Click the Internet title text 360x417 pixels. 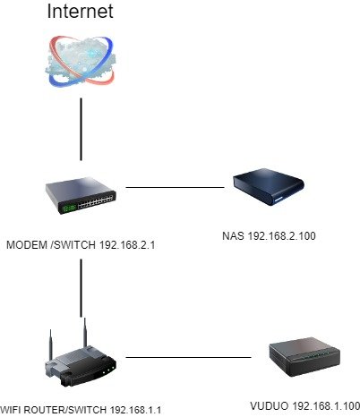pyautogui.click(x=80, y=12)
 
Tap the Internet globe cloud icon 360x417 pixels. pyautogui.click(x=81, y=62)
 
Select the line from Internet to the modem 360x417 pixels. pyautogui.click(x=81, y=129)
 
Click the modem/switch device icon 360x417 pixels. pyautogui.click(x=81, y=195)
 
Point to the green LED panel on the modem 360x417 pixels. pyautogui.click(x=68, y=208)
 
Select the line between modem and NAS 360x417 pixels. pyautogui.click(x=175, y=187)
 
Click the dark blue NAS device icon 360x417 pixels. pyautogui.click(x=269, y=187)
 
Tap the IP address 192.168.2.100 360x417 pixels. pyautogui.click(x=282, y=236)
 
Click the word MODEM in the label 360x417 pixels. pyautogui.click(x=27, y=245)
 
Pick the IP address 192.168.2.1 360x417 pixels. pyautogui.click(x=127, y=245)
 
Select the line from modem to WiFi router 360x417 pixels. pyautogui.click(x=81, y=288)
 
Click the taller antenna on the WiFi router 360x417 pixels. pyautogui.click(x=85, y=334)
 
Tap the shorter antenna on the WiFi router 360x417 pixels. pyautogui.click(x=51, y=345)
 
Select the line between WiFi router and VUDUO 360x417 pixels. pyautogui.click(x=188, y=357)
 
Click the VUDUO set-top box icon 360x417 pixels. pyautogui.click(x=304, y=357)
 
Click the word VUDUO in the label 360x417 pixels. pyautogui.click(x=270, y=406)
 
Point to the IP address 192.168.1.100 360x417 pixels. pyautogui.click(x=326, y=406)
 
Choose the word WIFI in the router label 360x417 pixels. pyautogui.click(x=9, y=410)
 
